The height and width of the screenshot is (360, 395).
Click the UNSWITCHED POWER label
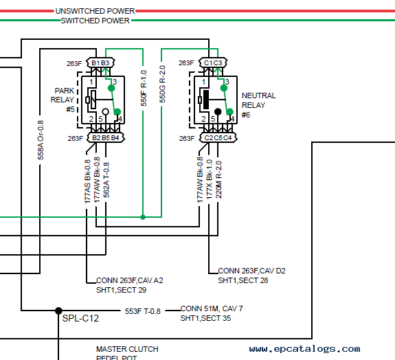pos(95,11)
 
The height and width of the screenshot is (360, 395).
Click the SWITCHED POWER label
pos(95,21)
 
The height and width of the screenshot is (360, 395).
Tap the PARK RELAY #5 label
pos(63,100)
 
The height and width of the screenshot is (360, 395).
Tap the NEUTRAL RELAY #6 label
pos(259,105)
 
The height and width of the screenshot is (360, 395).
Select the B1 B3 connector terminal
pos(100,63)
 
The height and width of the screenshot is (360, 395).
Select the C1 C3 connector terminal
pos(213,63)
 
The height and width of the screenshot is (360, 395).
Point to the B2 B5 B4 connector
pos(106,138)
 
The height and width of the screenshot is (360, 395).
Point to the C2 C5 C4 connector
pos(218,138)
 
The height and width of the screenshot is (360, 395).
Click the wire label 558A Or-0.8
pos(41,140)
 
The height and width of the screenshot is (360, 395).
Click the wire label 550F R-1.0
pos(144,88)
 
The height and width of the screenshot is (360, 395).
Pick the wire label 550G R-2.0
pos(163,84)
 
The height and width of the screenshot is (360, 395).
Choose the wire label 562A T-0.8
pos(106,180)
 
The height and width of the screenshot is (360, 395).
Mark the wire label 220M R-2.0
pos(218,179)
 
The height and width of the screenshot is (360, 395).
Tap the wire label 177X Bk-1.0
pos(210,179)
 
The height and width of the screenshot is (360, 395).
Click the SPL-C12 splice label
pos(80,318)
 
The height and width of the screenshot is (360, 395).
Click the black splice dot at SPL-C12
pos(58,311)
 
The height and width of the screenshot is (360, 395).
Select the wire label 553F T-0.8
pos(143,311)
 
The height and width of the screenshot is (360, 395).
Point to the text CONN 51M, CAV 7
pos(212,308)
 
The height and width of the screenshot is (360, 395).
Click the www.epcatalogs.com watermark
pos(304,349)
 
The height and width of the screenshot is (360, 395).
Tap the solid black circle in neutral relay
pos(218,111)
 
